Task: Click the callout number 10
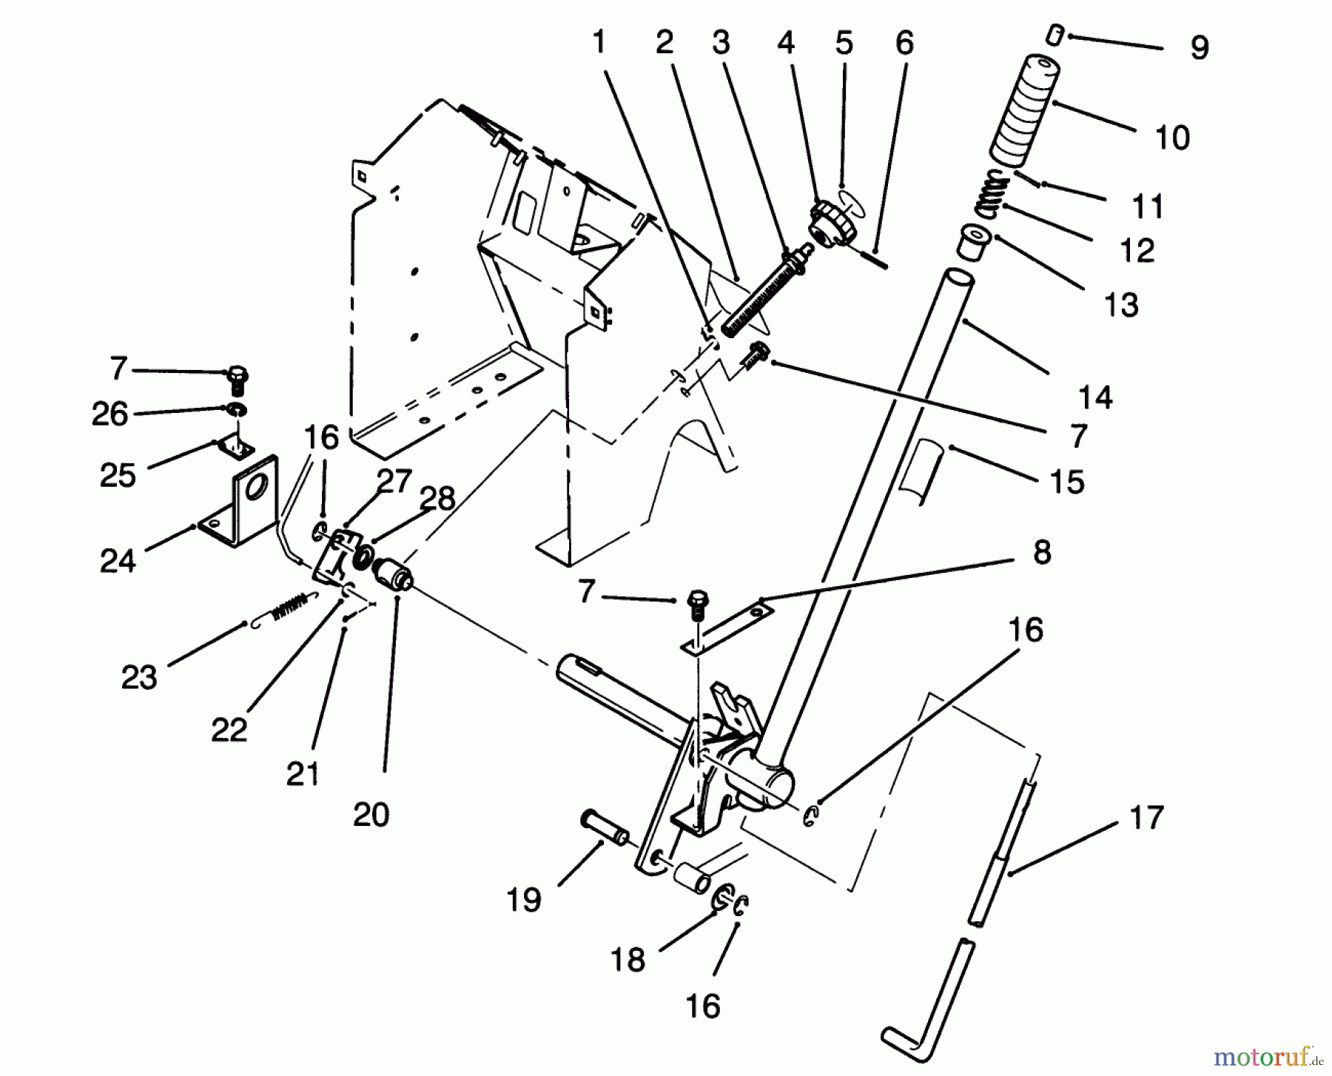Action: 1171,138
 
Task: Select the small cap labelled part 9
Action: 1056,34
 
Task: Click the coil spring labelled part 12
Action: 992,195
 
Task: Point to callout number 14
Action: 1095,397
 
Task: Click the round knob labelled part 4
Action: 832,223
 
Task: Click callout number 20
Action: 371,815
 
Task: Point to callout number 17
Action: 1146,818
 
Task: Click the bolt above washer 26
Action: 238,379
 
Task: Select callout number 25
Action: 118,476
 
